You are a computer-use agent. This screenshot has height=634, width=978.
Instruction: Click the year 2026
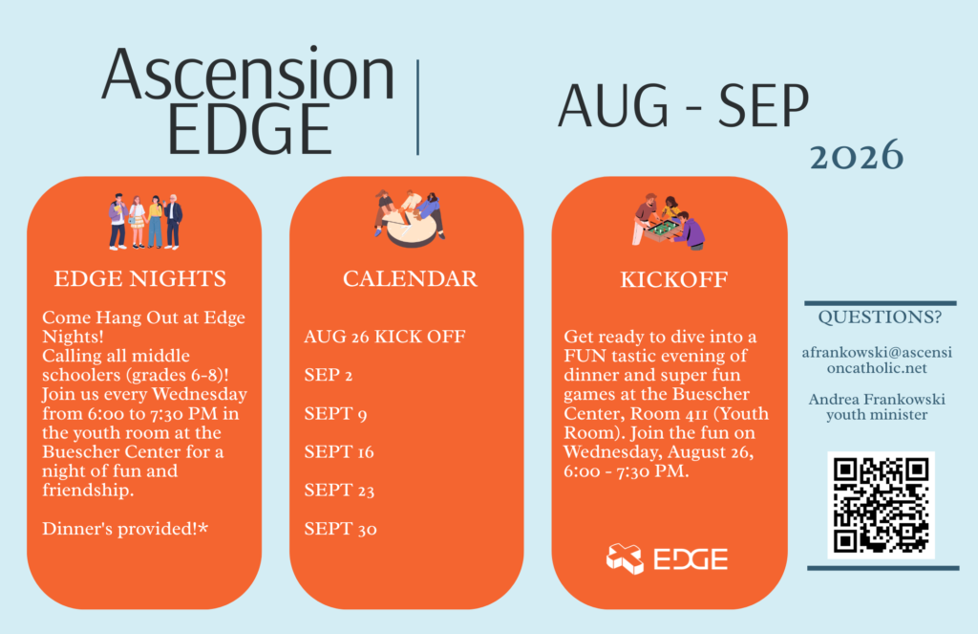(x=857, y=155)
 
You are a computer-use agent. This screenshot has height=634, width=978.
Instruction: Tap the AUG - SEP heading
(x=684, y=105)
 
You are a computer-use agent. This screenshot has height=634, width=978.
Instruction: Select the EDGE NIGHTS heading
(x=140, y=278)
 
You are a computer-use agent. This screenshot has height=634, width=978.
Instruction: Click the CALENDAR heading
(x=410, y=278)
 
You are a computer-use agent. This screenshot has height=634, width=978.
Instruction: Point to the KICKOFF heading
(x=673, y=279)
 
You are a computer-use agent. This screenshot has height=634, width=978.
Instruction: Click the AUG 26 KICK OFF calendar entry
(x=385, y=337)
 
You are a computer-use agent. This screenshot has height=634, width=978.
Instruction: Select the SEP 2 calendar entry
(x=329, y=375)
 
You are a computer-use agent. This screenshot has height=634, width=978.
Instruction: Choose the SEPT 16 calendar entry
(x=339, y=451)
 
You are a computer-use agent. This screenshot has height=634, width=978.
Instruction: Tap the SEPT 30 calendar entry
(x=340, y=529)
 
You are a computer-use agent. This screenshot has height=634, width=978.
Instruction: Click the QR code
(x=881, y=505)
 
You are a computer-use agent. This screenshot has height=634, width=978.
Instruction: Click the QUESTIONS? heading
(x=880, y=317)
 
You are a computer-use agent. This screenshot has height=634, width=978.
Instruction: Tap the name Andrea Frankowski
(x=877, y=399)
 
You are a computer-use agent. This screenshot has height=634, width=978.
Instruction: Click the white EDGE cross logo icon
(x=625, y=558)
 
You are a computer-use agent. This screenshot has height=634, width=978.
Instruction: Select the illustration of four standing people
(x=145, y=222)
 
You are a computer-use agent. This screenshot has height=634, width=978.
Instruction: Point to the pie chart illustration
(x=410, y=219)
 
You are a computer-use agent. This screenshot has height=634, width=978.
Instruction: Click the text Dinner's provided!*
(x=125, y=529)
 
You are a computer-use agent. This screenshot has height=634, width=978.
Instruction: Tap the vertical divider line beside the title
(x=418, y=107)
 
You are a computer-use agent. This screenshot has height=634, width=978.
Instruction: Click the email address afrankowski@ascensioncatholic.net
(x=877, y=361)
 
